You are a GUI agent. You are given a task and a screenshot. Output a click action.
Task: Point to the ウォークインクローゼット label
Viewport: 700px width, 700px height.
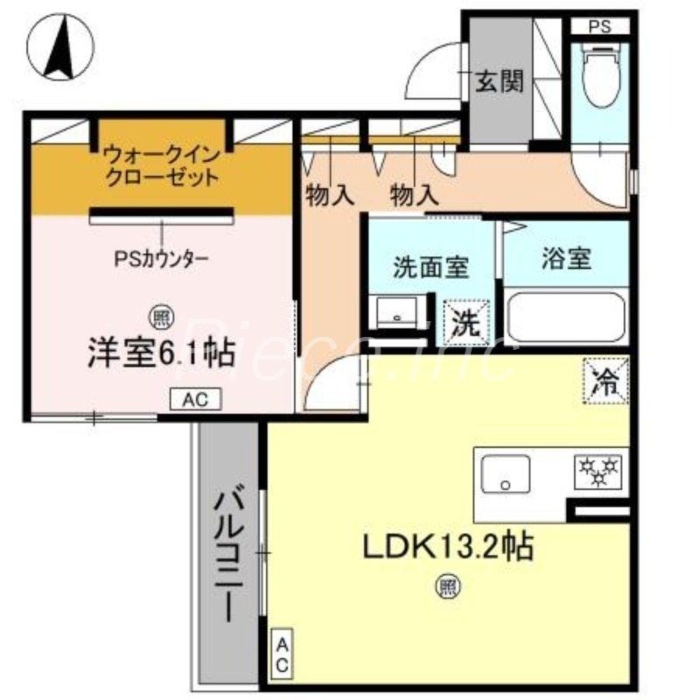pos(159,164)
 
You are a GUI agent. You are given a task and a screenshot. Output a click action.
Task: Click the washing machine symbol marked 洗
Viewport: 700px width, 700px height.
pos(464,322)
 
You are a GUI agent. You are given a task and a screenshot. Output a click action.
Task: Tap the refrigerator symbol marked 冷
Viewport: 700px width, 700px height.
pos(605,381)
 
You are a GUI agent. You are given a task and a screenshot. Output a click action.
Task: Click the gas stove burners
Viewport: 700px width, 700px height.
pos(597,472)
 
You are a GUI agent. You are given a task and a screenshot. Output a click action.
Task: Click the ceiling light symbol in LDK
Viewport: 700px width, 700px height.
pos(447,588)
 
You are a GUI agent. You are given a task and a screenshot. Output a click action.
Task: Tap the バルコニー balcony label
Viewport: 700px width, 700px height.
pos(230,555)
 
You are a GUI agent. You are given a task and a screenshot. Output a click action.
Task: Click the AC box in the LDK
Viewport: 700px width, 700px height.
pos(283,654)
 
